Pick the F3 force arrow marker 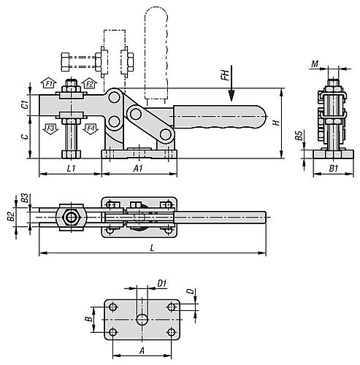[x=50, y=128]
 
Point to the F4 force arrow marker [x=90, y=128]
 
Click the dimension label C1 [x=23, y=105]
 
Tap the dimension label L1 [x=71, y=169]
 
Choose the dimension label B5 [x=299, y=137]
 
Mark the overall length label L [x=151, y=248]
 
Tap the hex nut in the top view [x=70, y=217]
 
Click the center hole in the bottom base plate [x=141, y=320]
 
